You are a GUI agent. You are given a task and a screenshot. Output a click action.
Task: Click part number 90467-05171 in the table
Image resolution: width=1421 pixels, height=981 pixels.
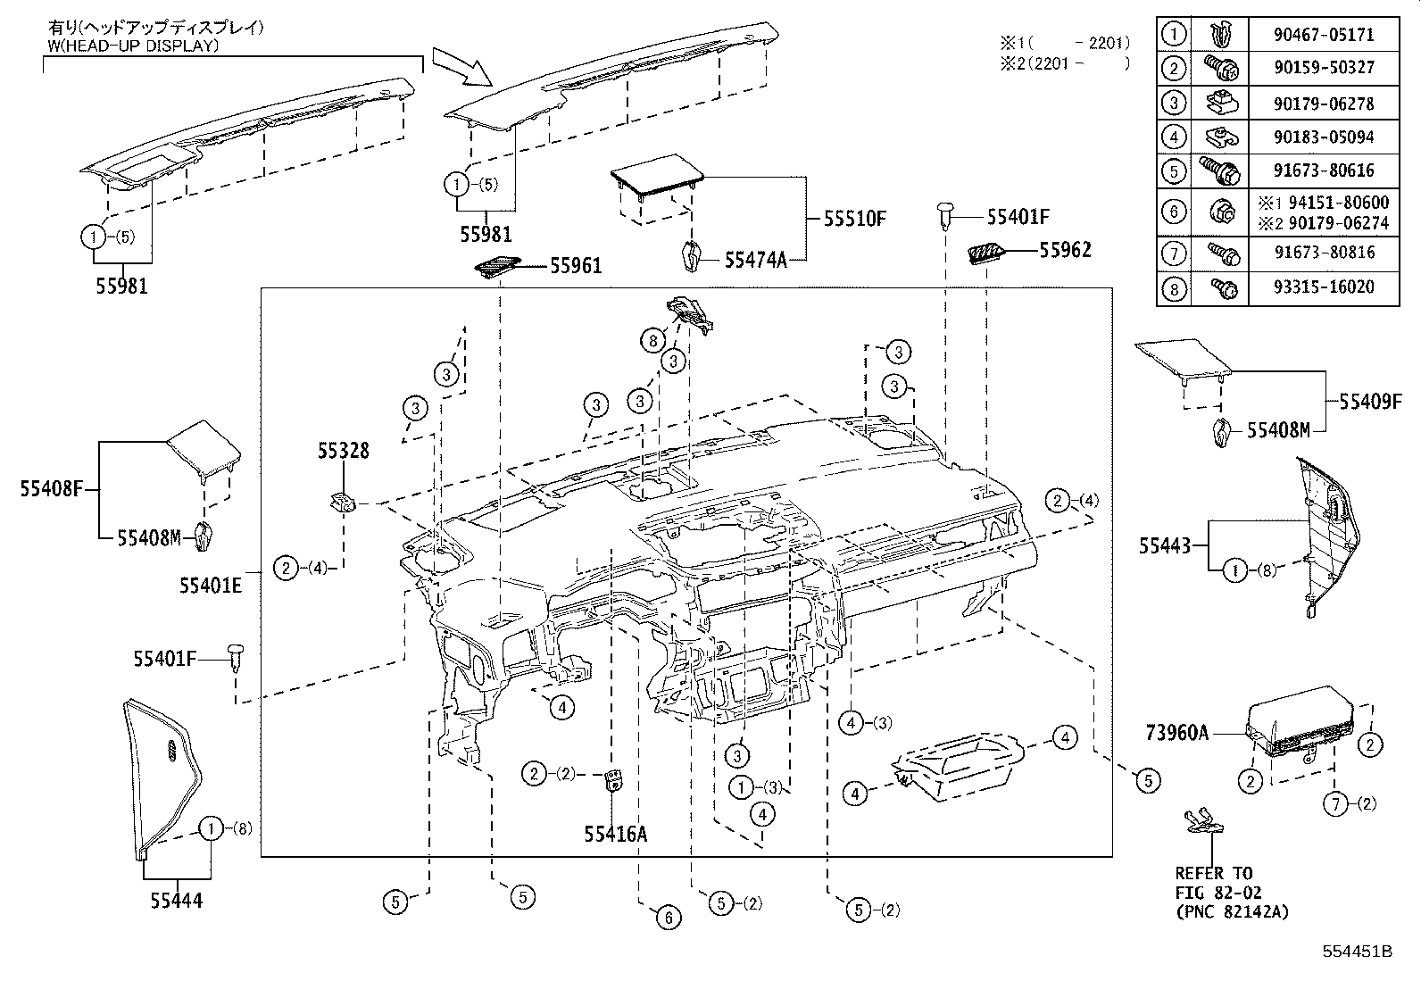click(x=1323, y=36)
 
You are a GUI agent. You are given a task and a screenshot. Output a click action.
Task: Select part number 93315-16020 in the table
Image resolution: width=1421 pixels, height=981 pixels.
click(x=1323, y=287)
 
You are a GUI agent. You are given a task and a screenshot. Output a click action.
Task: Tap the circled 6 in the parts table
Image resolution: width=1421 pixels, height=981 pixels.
click(x=1176, y=212)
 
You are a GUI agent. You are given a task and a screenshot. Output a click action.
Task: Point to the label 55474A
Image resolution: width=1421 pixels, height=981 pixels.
click(x=755, y=260)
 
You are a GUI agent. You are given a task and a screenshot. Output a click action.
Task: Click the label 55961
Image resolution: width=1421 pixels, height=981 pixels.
click(x=576, y=265)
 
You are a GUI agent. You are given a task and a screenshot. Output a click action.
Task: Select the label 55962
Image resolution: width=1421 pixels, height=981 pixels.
click(x=1065, y=251)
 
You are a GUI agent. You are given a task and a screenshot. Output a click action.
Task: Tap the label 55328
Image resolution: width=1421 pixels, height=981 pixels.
click(x=343, y=452)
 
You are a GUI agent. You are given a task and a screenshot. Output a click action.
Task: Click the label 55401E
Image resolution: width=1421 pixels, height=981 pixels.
click(x=211, y=585)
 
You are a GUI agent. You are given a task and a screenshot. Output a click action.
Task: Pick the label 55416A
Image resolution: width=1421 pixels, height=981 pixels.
click(x=616, y=834)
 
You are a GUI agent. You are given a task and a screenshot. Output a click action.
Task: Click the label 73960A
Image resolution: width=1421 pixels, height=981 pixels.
click(x=1176, y=734)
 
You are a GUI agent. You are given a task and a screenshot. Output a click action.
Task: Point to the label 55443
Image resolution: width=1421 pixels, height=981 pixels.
click(x=1164, y=545)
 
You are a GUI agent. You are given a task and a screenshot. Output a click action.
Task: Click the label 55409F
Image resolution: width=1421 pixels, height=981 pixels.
click(x=1371, y=402)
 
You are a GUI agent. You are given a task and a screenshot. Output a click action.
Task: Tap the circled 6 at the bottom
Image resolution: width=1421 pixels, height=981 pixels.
click(x=668, y=917)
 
